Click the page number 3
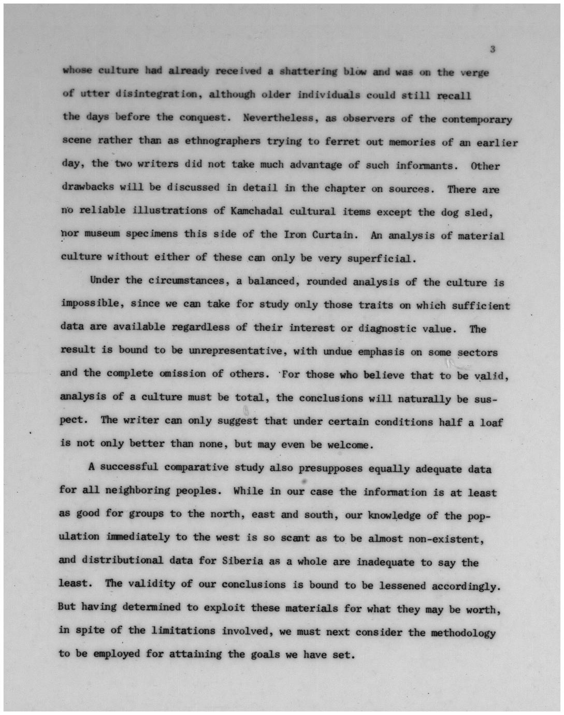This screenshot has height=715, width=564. [493, 49]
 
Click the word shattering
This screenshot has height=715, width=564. [308, 71]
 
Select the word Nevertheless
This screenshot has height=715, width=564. [279, 118]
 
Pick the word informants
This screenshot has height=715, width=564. [427, 166]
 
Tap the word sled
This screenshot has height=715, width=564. [480, 212]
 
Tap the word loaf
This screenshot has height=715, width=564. [491, 422]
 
